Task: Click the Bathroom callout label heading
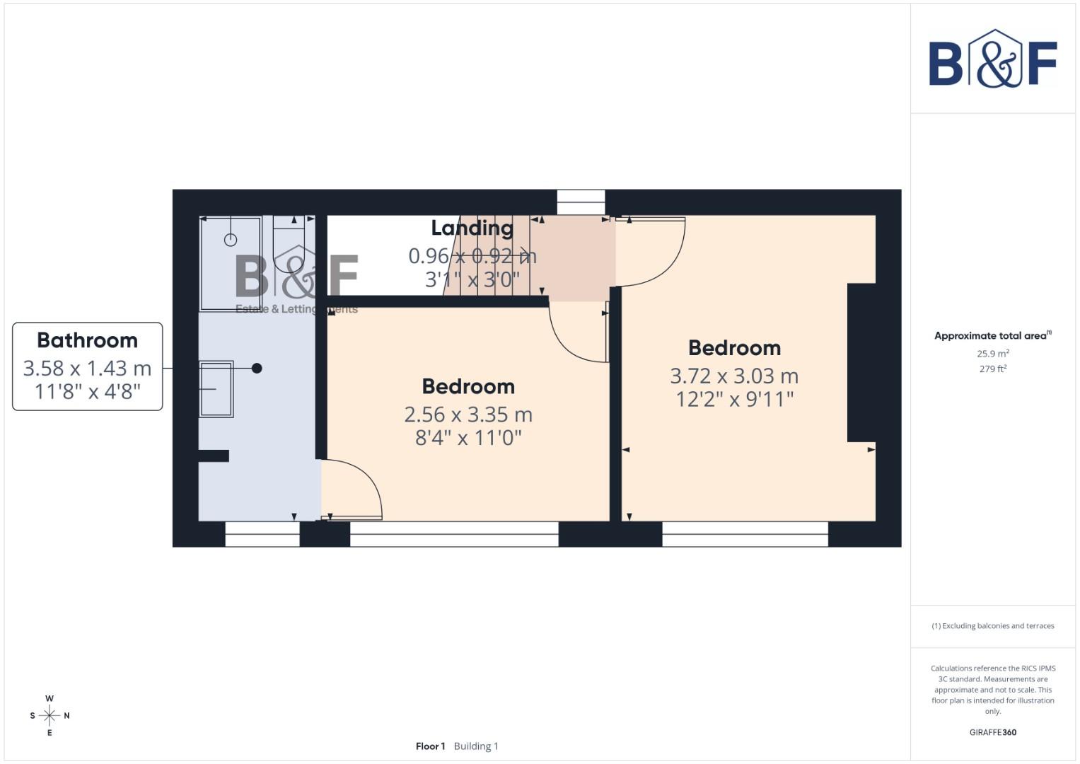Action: point(87,340)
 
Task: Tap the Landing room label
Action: point(472,228)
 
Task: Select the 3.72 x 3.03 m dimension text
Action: point(734,376)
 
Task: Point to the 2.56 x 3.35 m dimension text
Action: point(468,415)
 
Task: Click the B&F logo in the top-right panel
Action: point(993,59)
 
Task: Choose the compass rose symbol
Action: point(50,716)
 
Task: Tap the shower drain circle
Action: point(231,240)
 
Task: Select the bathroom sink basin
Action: point(216,389)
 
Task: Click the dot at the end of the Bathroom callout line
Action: point(257,368)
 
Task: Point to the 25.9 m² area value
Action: point(993,354)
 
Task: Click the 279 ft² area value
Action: point(993,369)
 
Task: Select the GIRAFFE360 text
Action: point(993,732)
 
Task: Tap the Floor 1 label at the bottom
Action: point(430,746)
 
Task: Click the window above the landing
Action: point(581,202)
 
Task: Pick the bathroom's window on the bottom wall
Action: point(262,534)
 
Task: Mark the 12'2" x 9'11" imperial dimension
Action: point(734,400)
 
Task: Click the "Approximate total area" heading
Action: point(992,336)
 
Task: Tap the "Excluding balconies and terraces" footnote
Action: point(993,626)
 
